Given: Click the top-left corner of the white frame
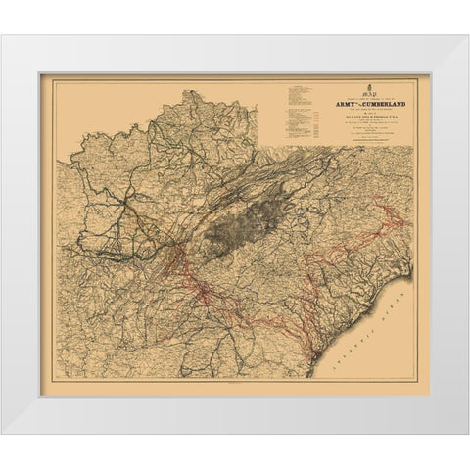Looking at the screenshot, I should tap(2, 37).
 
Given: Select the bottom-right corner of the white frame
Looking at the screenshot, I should tap(467, 433).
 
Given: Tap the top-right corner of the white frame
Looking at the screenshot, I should tap(467, 37).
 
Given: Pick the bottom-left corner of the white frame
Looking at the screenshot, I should tap(2, 433).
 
